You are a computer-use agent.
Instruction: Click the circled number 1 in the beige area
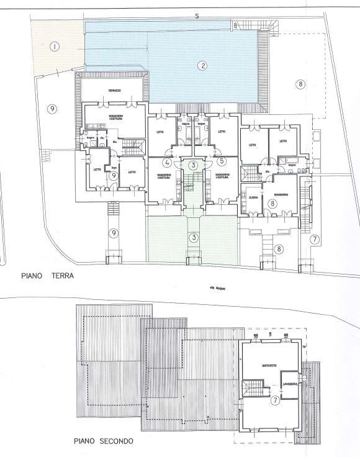pos(55,47)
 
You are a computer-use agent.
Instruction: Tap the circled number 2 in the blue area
pos(202,65)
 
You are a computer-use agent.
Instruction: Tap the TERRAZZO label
pos(113,91)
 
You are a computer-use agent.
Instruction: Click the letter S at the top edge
pos(196,16)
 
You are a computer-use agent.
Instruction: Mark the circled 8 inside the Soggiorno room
pos(272,202)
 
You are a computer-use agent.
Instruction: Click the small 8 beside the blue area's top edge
pos(236,25)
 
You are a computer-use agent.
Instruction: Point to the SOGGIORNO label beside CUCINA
pos(283,194)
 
